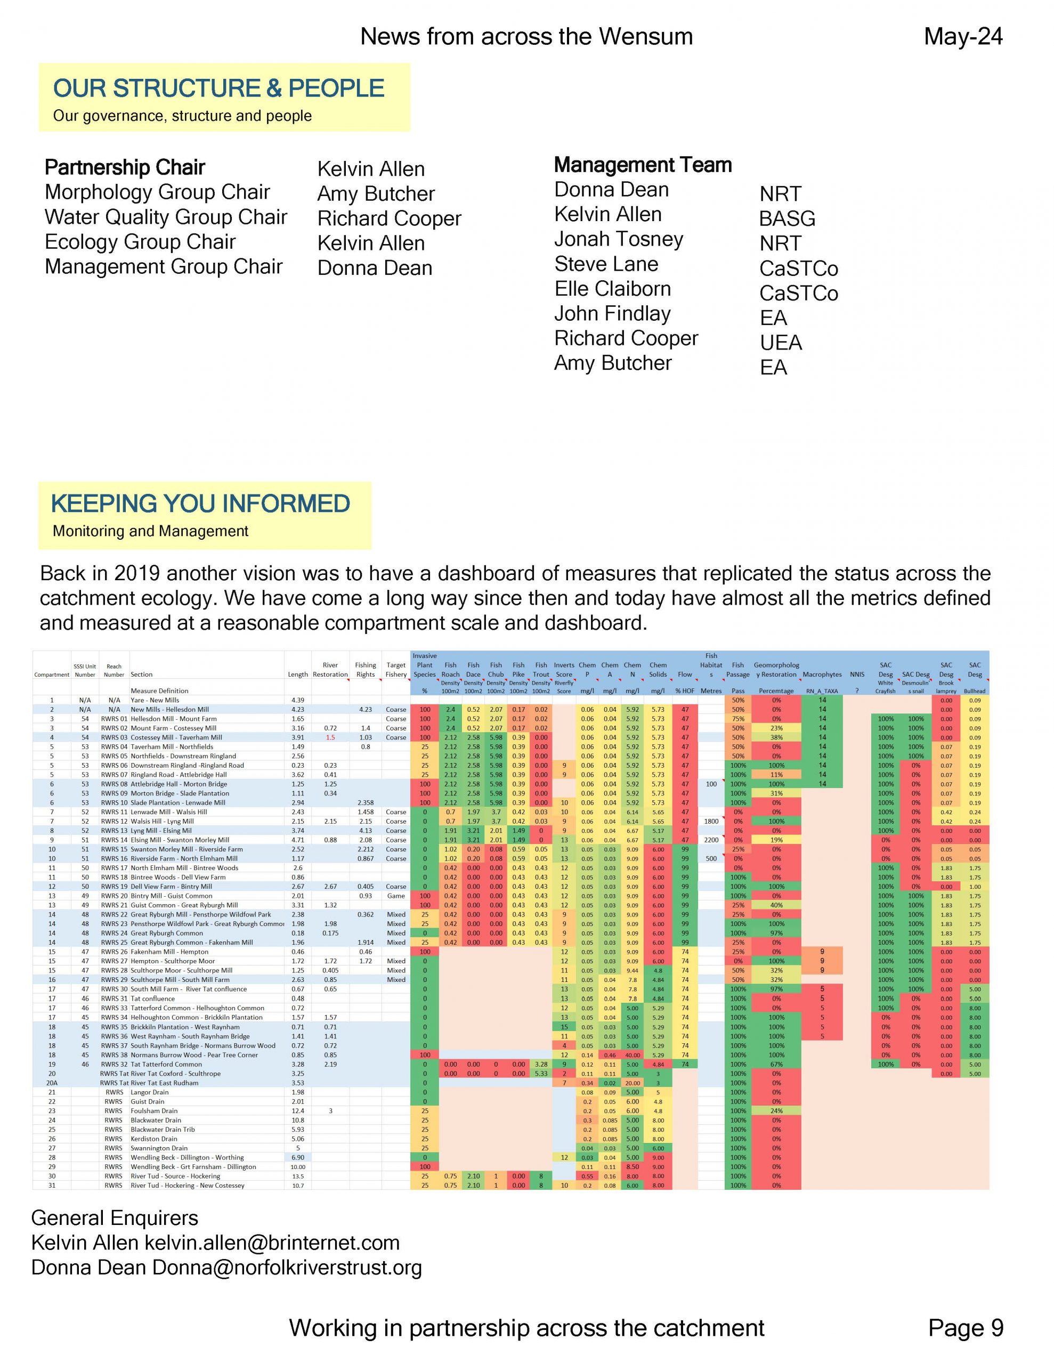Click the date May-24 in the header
point(963,36)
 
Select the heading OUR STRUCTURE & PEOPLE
point(218,88)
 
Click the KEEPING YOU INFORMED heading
point(200,504)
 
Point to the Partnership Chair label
point(125,167)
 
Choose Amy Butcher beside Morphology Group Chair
point(376,193)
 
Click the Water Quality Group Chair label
point(166,217)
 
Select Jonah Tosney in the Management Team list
point(619,239)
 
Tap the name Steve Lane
point(606,264)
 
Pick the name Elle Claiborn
point(612,289)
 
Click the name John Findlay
point(612,313)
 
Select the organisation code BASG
point(787,218)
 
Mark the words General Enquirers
point(115,1218)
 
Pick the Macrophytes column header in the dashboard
point(822,675)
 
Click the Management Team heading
point(642,165)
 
